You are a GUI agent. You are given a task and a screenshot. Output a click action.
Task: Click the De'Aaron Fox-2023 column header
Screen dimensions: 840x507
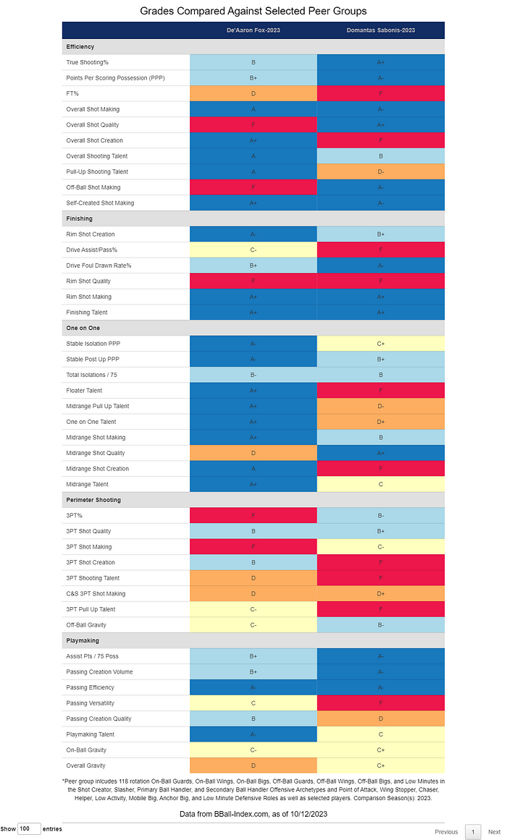tap(253, 30)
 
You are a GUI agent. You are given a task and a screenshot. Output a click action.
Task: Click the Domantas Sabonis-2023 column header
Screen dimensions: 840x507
tap(380, 30)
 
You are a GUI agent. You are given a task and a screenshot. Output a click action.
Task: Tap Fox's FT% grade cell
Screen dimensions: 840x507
tap(253, 94)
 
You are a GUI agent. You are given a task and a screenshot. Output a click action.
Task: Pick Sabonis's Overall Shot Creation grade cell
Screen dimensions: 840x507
tap(380, 140)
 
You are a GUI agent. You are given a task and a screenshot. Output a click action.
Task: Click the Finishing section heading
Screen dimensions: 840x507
tap(80, 219)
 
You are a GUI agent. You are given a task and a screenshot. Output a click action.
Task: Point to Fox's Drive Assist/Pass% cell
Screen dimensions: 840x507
tap(253, 250)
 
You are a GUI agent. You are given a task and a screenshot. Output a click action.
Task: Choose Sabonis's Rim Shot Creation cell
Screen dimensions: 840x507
tap(380, 234)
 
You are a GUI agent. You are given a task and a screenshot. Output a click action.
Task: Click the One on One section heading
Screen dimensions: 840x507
tap(83, 328)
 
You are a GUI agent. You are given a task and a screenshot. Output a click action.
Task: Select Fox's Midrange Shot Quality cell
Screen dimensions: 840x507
tap(253, 453)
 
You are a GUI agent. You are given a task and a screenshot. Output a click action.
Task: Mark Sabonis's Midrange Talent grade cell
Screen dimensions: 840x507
tap(380, 484)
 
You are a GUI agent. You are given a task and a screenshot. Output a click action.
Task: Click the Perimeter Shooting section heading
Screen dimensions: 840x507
tap(93, 500)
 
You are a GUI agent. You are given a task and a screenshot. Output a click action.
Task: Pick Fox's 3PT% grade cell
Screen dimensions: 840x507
tap(253, 515)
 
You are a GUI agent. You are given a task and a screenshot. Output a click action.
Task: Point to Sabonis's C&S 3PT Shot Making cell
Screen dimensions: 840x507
tap(380, 593)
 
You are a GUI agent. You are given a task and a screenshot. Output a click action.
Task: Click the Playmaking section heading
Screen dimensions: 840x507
tap(83, 640)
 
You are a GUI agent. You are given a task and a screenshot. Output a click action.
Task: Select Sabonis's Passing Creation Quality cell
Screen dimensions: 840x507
tap(380, 718)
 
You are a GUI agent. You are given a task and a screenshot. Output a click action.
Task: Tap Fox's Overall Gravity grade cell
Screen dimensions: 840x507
tap(253, 765)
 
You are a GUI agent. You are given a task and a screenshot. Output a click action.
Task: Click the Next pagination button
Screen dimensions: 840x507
tap(494, 832)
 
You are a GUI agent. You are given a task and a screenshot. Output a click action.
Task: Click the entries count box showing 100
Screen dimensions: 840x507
tap(29, 829)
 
